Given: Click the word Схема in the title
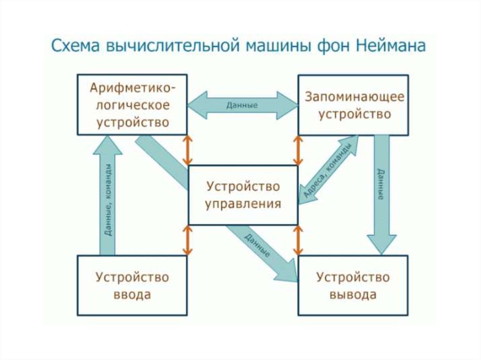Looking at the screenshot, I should click(76, 47).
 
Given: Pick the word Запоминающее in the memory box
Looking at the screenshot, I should click(354, 97).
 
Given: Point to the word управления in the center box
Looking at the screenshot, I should click(243, 204).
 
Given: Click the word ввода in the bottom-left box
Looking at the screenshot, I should click(132, 295).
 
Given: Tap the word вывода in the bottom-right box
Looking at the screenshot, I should click(353, 295).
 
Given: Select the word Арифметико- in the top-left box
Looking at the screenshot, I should click(133, 88).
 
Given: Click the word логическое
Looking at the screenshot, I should click(132, 105).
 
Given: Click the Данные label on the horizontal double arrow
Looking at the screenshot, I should click(242, 105).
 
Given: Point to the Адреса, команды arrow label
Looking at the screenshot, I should click(327, 170).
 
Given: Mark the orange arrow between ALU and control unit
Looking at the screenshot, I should click(187, 150).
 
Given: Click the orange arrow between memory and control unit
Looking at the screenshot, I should click(297, 150).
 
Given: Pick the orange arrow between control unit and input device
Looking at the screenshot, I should click(187, 240).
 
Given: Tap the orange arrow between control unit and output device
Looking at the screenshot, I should click(297, 240).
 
